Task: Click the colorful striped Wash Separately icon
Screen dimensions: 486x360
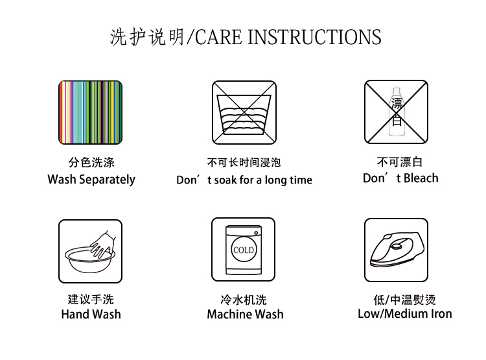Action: (91, 112)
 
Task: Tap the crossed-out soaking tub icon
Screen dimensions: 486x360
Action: (244, 112)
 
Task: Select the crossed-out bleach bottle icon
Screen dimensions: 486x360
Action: (396, 112)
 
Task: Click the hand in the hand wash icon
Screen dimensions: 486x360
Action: (103, 245)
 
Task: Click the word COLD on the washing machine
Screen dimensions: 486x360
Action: (244, 250)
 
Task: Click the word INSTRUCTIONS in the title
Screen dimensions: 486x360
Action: (314, 37)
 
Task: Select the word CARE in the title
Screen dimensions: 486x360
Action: (218, 37)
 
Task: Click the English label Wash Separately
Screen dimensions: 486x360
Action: (91, 180)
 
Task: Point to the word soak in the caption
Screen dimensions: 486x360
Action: (226, 180)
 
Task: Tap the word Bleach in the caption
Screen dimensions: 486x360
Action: (421, 178)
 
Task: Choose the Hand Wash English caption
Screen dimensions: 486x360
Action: (91, 314)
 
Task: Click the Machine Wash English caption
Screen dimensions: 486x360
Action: (245, 314)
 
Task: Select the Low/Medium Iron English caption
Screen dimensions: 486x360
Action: (405, 313)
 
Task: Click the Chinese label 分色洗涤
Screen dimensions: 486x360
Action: (91, 162)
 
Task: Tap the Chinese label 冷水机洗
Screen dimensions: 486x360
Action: (244, 300)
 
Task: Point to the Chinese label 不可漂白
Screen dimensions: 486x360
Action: (400, 162)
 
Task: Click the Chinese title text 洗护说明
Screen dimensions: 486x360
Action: (147, 37)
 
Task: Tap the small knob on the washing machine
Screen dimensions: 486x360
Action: (256, 233)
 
